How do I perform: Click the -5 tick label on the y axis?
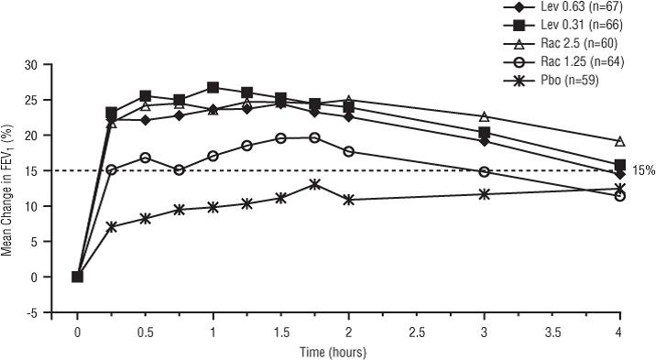click(32, 312)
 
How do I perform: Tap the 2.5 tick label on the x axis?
click(416, 333)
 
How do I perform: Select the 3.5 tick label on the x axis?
click(552, 333)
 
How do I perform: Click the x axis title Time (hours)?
click(333, 352)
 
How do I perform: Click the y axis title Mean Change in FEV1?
click(6, 190)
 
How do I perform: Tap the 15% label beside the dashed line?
click(644, 170)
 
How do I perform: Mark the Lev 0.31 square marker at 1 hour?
click(213, 87)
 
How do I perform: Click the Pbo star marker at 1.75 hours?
click(315, 184)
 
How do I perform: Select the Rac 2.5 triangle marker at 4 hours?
click(620, 141)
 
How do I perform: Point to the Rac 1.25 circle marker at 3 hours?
click(484, 171)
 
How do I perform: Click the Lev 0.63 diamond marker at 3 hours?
click(484, 141)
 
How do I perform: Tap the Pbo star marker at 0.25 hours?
click(111, 227)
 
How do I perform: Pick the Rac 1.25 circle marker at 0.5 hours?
click(145, 158)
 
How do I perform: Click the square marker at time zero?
click(77, 277)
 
